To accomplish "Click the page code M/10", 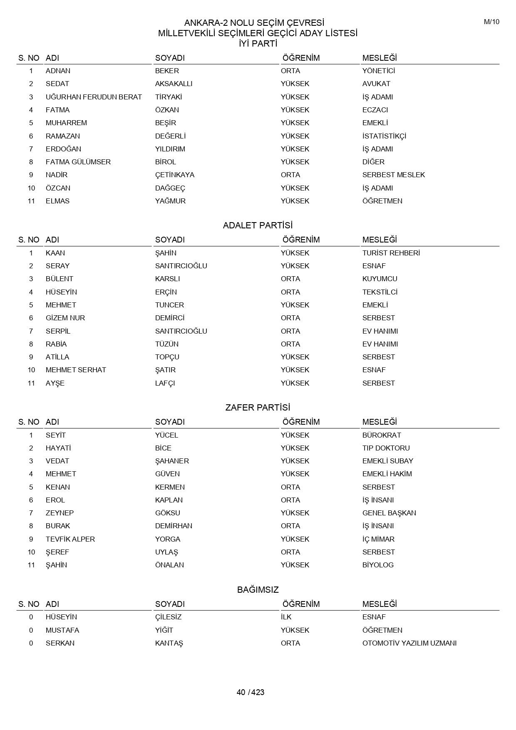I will click(491, 22).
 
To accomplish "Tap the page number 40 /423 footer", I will click(251, 692).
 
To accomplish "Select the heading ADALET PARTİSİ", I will click(258, 225).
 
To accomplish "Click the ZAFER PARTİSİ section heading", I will click(258, 408).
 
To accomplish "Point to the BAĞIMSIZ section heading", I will click(258, 590).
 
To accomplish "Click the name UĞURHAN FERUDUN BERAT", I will click(94, 97).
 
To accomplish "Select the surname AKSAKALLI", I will click(174, 84).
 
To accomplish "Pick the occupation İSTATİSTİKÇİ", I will click(384, 136).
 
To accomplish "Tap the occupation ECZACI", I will click(375, 110).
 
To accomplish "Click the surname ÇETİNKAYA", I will click(175, 175).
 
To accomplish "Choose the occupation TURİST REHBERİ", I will click(391, 253).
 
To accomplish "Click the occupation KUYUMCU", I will click(380, 279).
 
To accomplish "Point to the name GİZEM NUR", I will click(65, 318).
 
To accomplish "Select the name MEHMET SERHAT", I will click(76, 370).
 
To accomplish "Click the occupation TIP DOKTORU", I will click(386, 448).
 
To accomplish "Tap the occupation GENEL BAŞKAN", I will click(389, 513).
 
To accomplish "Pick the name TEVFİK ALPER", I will click(70, 539).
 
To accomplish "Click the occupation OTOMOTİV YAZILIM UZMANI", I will click(409, 643).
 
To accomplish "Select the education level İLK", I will click(286, 617).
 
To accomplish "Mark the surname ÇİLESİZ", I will click(168, 617).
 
